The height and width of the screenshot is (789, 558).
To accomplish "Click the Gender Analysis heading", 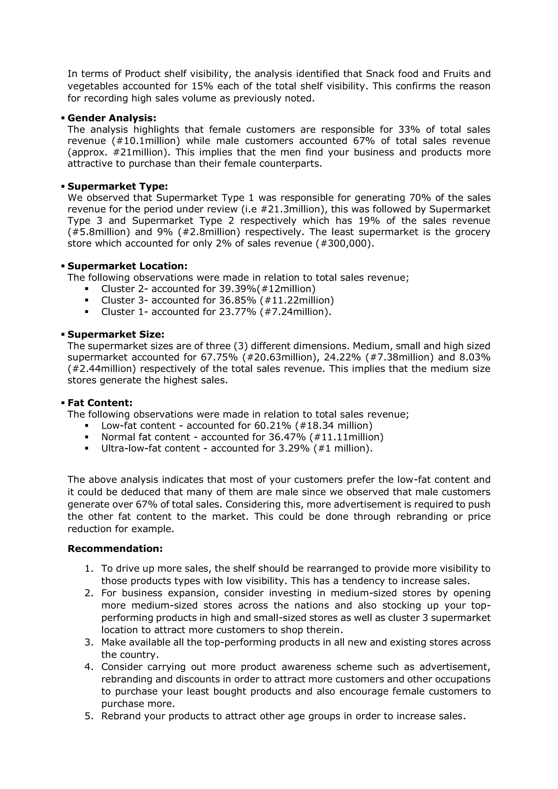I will coord(112,118).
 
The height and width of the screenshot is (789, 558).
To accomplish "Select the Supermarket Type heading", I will coord(118,187).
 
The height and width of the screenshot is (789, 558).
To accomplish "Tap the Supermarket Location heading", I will coord(128,266).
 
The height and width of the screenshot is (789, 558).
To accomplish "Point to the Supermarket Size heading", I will coord(116,334).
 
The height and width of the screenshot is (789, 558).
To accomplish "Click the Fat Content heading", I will coord(100,403).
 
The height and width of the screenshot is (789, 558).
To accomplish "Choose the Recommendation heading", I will coord(115,549).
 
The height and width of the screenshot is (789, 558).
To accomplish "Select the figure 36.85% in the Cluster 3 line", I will coord(238,300).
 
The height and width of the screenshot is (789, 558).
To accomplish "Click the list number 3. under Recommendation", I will coord(89,642).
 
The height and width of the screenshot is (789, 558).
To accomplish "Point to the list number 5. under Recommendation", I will coord(89,716).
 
